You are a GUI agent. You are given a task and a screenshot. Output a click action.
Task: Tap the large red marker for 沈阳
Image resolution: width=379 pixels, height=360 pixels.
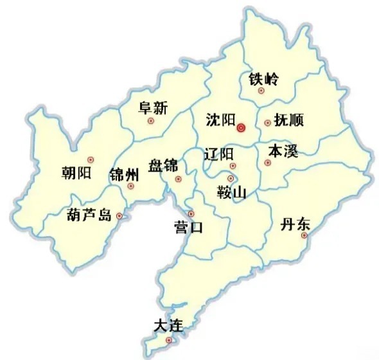[241, 127]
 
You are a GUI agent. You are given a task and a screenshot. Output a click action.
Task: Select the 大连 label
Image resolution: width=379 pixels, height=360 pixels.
[169, 326]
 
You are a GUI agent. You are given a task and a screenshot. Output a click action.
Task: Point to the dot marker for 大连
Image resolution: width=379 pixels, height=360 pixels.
[169, 340]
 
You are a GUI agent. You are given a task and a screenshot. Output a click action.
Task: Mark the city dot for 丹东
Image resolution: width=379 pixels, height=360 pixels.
[304, 235]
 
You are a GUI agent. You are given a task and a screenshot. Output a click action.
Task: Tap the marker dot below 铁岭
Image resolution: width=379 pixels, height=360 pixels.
[261, 91]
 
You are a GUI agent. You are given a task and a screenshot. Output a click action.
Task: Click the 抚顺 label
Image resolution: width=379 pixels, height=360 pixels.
[288, 120]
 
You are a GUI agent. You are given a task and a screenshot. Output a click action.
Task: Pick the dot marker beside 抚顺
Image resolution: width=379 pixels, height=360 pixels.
[267, 123]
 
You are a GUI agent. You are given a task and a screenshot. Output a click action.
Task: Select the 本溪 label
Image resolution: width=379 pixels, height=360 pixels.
[283, 152]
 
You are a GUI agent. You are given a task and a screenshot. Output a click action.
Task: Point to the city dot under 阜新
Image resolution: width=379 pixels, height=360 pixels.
[151, 120]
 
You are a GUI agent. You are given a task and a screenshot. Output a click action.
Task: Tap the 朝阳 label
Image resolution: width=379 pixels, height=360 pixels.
[76, 172]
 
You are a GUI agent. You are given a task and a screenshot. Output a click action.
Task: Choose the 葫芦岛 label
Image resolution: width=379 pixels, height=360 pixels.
[89, 215]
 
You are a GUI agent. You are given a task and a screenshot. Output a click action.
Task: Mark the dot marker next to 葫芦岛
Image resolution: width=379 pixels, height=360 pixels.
[119, 217]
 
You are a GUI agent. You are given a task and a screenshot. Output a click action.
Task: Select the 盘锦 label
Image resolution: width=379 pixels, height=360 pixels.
[163, 165]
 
